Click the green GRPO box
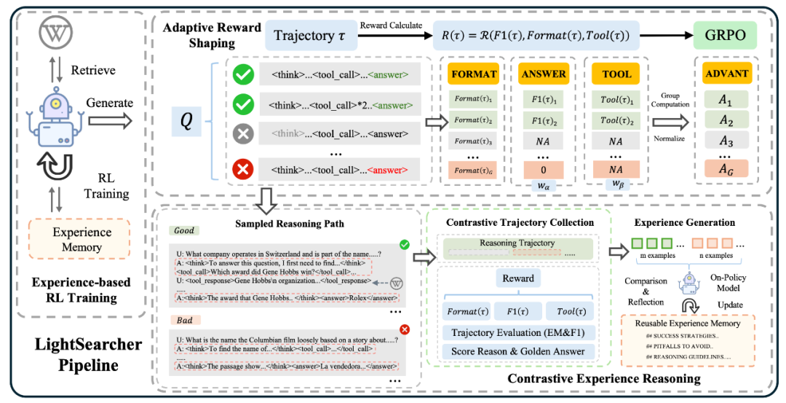tap(726, 35)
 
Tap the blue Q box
tap(186, 121)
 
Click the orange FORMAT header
tap(474, 74)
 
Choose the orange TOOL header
tap(616, 74)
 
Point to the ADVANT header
tap(727, 74)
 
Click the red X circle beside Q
tap(242, 169)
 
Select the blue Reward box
tap(517, 278)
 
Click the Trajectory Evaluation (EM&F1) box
tap(518, 333)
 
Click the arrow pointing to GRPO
tap(667, 35)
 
